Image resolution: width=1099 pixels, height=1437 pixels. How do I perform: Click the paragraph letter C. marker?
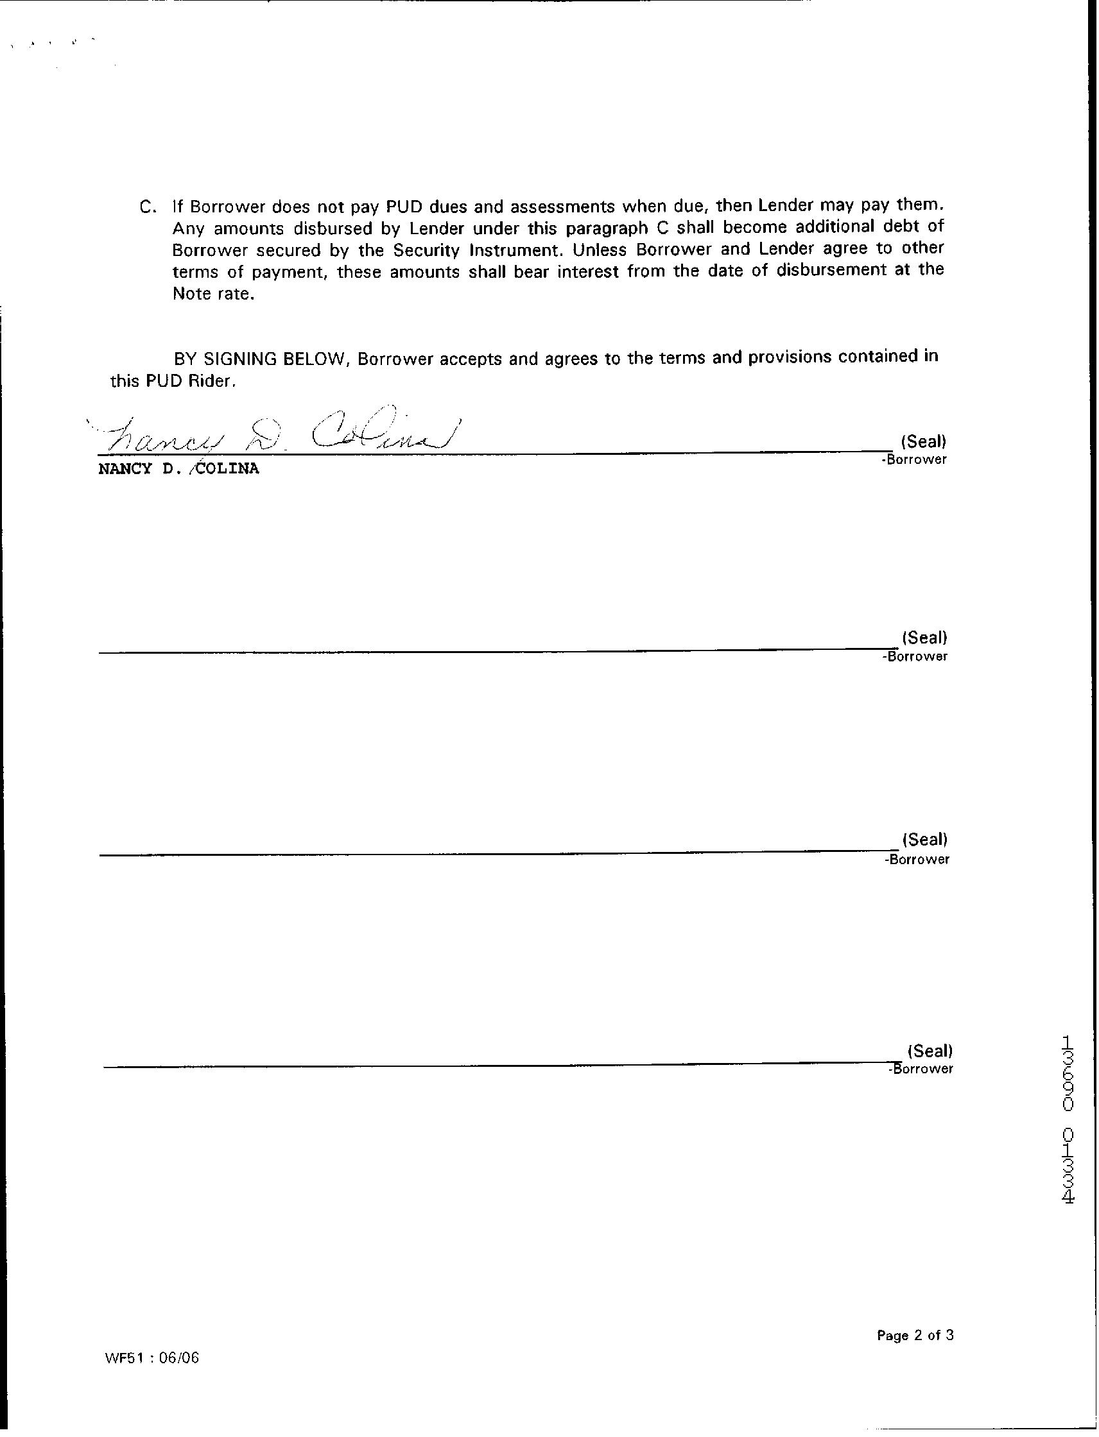[x=148, y=207]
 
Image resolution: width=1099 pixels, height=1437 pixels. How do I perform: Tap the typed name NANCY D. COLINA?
[x=178, y=469]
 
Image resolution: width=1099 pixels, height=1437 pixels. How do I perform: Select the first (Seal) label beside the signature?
[x=923, y=441]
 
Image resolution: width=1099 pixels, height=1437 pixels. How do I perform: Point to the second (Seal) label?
[x=924, y=638]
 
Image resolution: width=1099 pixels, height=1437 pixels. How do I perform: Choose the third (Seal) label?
[x=924, y=840]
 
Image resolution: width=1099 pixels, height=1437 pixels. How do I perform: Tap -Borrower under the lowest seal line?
[x=921, y=1069]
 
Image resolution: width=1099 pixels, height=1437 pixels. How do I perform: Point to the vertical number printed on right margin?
[x=1068, y=1119]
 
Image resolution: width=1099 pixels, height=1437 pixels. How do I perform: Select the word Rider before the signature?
[x=211, y=382]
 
